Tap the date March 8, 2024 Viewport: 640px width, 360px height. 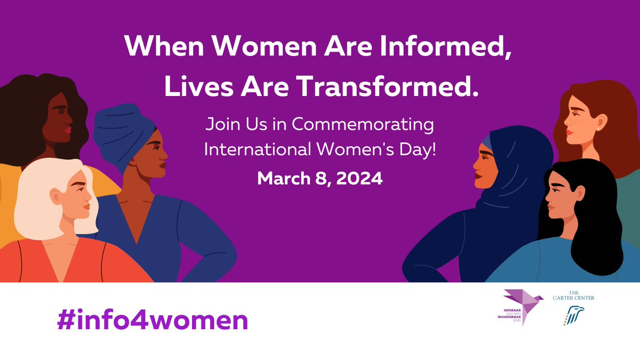tap(320, 178)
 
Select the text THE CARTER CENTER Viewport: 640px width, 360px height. tap(574, 295)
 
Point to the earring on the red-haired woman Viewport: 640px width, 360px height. tap(599, 128)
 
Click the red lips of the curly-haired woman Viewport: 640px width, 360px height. tap(68, 130)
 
